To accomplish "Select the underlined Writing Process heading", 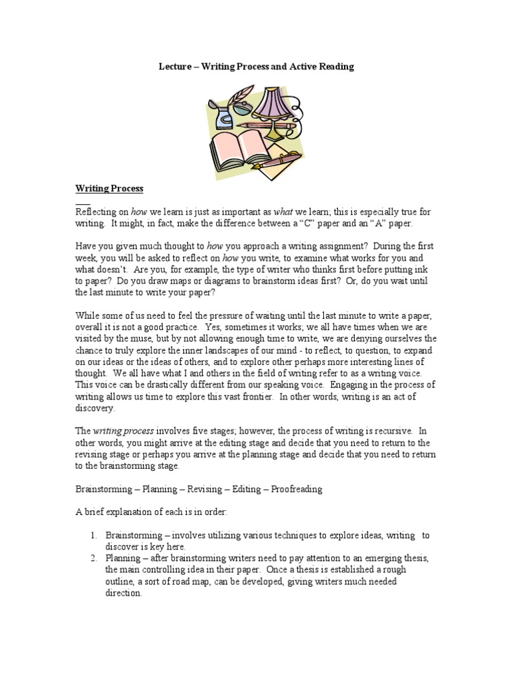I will (109, 189).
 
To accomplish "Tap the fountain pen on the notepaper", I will (281, 160).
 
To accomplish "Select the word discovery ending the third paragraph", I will (95, 409).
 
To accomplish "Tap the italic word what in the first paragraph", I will (284, 211).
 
